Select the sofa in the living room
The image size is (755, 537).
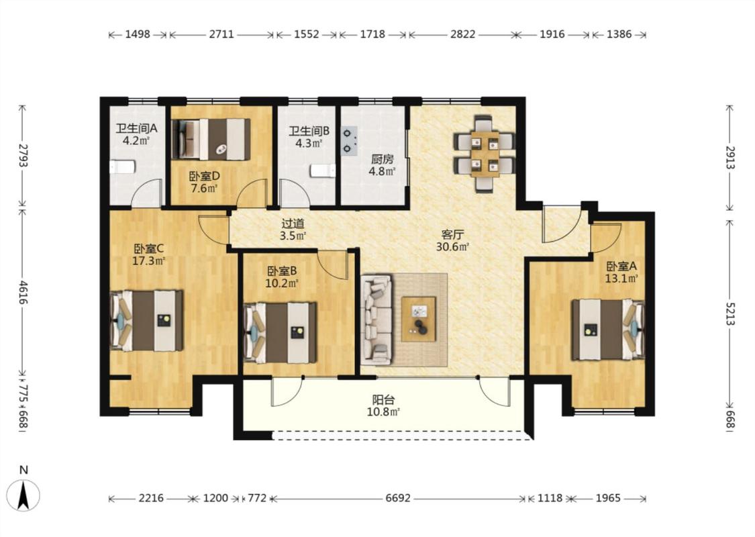coord(378,319)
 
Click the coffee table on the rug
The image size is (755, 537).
coord(419,319)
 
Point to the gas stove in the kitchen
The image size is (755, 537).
coord(350,141)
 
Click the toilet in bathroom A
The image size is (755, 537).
coord(122,167)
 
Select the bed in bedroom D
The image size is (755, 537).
coord(211,139)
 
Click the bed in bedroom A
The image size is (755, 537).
coord(608,330)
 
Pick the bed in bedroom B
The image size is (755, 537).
coord(281,333)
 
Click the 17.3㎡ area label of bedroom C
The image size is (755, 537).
coord(149,261)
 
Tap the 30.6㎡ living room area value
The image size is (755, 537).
coord(452,247)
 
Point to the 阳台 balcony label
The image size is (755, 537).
coord(384,399)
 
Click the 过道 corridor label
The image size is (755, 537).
coord(293,224)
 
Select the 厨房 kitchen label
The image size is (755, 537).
coord(383,159)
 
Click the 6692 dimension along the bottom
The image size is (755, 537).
coord(398,498)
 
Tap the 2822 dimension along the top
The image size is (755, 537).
coord(462,34)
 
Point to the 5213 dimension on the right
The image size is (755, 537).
coord(730,313)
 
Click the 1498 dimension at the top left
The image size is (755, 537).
coord(138,34)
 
